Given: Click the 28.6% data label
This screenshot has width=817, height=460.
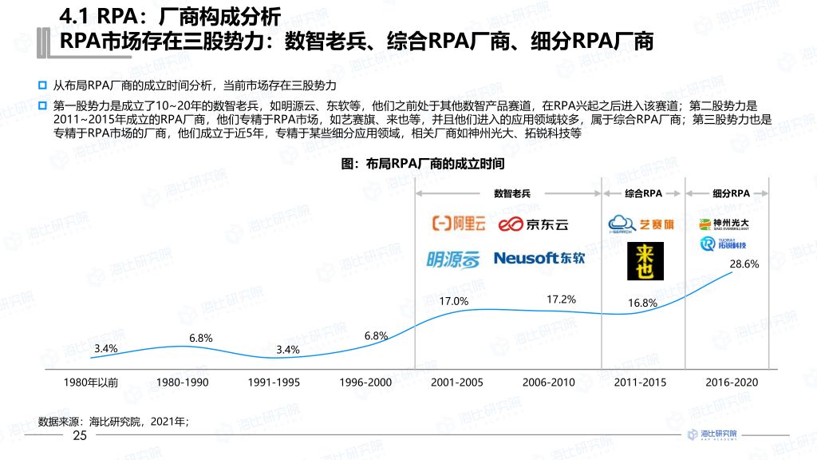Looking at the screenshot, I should click(x=745, y=264).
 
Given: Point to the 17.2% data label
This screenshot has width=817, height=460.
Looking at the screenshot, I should click(x=561, y=299).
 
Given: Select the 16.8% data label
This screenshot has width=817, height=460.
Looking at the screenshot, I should click(x=642, y=303).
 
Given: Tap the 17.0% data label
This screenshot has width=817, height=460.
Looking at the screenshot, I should click(x=454, y=301).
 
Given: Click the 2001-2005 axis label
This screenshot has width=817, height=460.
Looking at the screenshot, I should click(x=457, y=383).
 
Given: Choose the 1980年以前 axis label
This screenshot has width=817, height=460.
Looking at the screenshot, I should click(x=91, y=383).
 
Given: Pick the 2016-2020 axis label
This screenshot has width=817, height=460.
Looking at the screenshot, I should click(x=732, y=383).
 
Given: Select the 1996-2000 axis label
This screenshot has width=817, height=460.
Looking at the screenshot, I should click(x=365, y=383).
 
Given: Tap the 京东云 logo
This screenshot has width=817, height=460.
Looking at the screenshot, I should click(x=534, y=224).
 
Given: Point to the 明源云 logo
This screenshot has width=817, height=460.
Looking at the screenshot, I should click(x=454, y=259).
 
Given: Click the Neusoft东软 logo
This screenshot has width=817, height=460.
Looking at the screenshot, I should click(x=539, y=258).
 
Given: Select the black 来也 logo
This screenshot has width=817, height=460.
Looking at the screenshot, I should click(x=640, y=262).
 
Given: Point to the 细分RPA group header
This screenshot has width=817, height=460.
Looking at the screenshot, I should click(x=731, y=193).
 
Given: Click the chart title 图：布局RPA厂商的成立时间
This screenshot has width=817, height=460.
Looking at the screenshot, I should click(x=423, y=164).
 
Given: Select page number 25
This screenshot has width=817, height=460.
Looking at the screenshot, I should click(x=80, y=436).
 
